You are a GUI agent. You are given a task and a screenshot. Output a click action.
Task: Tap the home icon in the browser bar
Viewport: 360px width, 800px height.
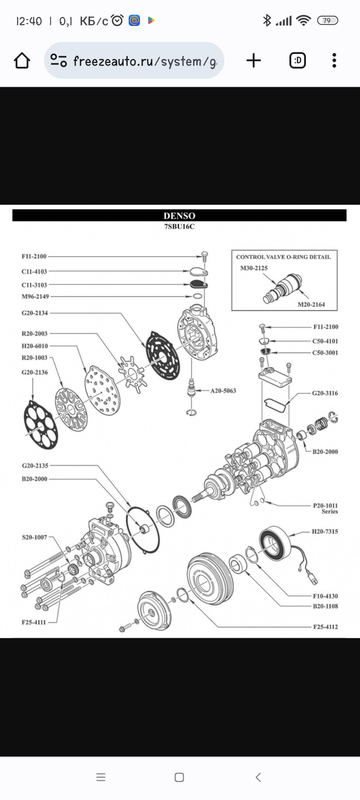(22, 61)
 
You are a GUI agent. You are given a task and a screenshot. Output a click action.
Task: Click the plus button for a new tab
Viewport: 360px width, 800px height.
(253, 61)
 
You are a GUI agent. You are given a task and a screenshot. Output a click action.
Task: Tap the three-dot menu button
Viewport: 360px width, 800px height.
(334, 61)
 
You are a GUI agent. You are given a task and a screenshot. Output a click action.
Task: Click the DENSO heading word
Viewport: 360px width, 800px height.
(179, 216)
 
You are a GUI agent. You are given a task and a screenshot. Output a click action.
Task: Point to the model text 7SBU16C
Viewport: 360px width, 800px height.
(179, 227)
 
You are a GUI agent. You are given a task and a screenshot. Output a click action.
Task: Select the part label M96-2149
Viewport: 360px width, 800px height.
(35, 297)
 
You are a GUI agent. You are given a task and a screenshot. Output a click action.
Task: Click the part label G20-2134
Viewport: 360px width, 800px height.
(35, 313)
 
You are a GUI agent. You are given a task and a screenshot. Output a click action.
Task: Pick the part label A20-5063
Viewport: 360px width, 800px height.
(223, 391)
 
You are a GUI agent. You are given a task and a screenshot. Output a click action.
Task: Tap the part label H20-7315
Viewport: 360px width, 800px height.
(325, 532)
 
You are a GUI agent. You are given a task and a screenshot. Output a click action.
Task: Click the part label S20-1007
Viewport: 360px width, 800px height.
(35, 537)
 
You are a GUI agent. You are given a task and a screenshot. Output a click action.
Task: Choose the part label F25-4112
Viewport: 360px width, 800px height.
(325, 627)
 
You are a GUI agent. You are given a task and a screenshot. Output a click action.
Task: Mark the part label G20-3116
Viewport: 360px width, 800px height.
(325, 393)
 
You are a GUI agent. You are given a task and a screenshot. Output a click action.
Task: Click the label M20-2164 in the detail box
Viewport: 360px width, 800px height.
(311, 305)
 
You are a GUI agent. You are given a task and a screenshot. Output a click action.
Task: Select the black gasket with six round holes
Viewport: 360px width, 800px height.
(40, 425)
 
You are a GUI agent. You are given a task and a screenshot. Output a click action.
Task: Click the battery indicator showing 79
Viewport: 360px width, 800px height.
(327, 20)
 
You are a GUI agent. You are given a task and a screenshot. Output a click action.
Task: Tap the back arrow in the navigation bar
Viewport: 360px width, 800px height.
(258, 777)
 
